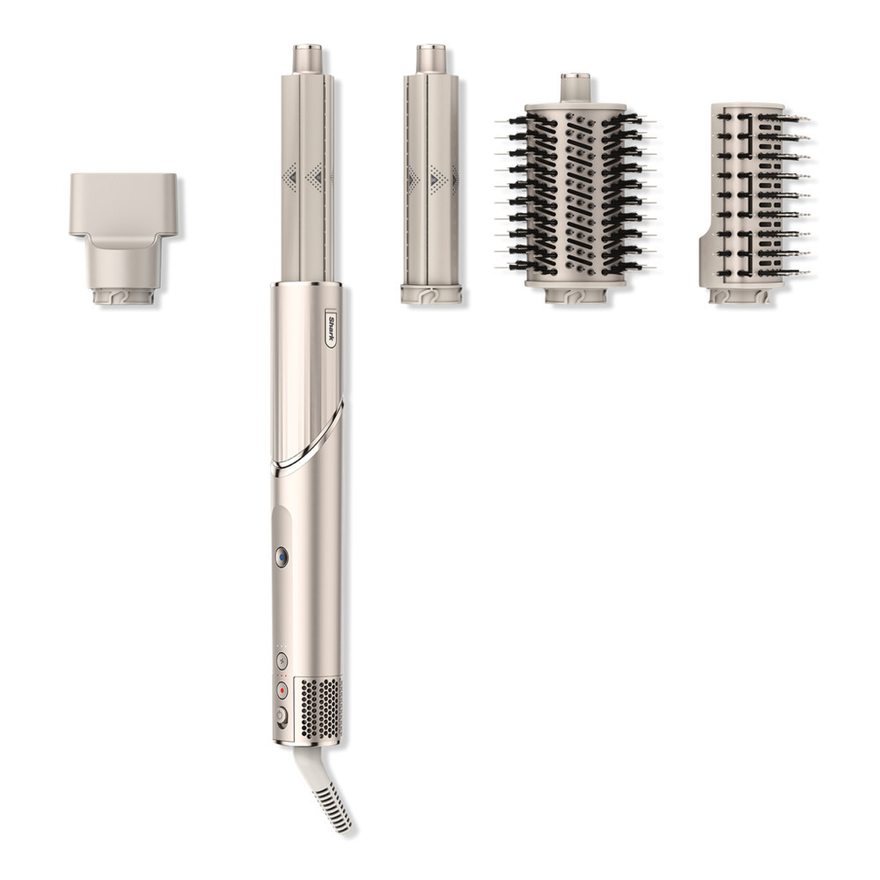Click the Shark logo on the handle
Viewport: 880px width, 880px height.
[x=331, y=326]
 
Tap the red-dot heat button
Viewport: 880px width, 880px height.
[x=282, y=689]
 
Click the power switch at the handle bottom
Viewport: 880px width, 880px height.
[x=282, y=716]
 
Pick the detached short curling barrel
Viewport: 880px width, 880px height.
[x=431, y=176]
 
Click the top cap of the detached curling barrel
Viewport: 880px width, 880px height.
[x=431, y=58]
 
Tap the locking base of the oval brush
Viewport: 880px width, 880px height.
[x=576, y=295]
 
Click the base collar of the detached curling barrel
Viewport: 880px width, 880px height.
[x=431, y=292]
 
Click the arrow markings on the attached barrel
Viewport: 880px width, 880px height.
[x=312, y=176]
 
